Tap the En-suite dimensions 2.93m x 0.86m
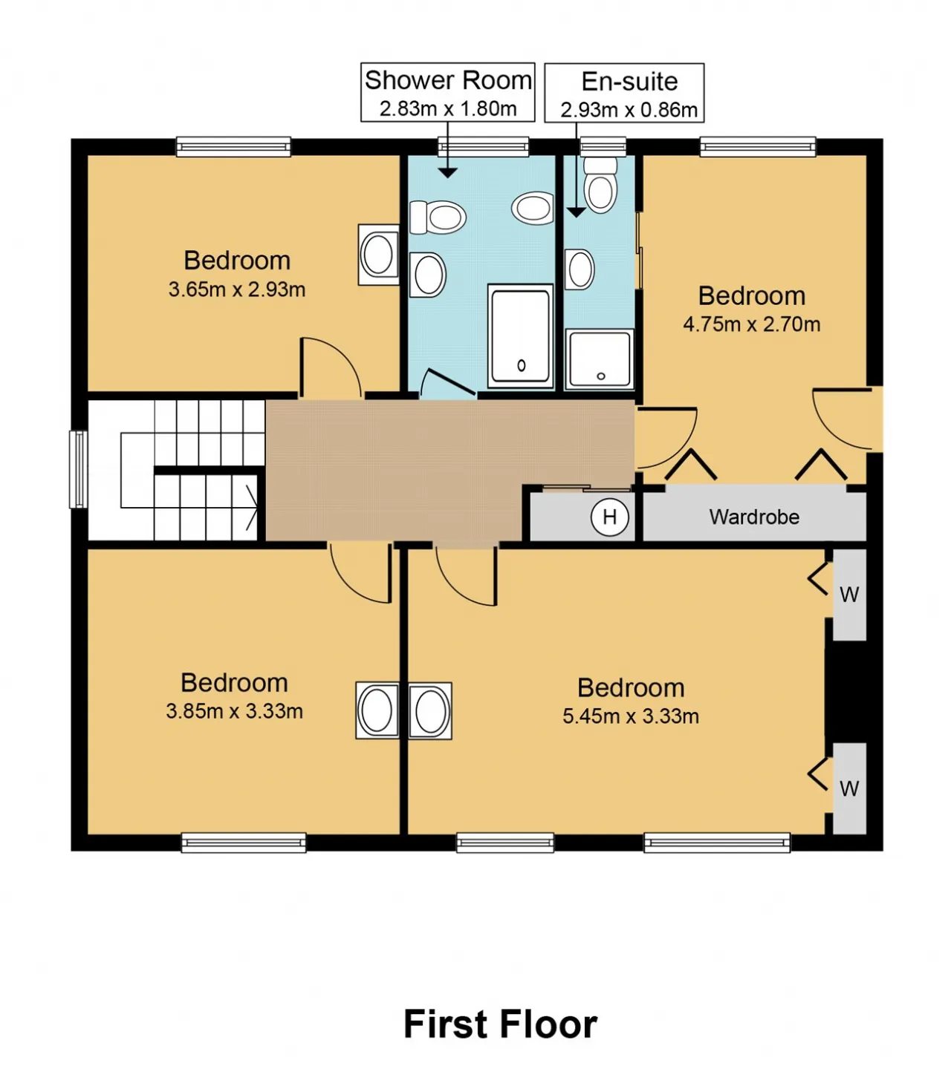click(x=629, y=111)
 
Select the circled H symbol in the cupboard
click(x=609, y=517)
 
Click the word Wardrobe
click(x=754, y=517)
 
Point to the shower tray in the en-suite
click(x=600, y=359)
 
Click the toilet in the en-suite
click(x=600, y=185)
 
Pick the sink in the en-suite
click(x=580, y=269)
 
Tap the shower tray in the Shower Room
click(x=520, y=336)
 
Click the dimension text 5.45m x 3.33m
click(x=631, y=716)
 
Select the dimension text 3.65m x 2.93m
click(x=237, y=290)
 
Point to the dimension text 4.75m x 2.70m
click(x=751, y=324)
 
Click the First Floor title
click(x=500, y=1024)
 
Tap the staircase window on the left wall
click(x=79, y=470)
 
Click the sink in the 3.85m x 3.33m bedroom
click(x=377, y=710)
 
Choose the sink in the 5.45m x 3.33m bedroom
click(x=430, y=711)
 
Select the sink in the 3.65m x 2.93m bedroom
click(x=379, y=255)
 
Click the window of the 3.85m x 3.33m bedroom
click(x=243, y=843)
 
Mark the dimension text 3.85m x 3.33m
click(x=234, y=711)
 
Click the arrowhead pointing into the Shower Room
click(x=447, y=172)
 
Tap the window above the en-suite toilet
click(x=603, y=147)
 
